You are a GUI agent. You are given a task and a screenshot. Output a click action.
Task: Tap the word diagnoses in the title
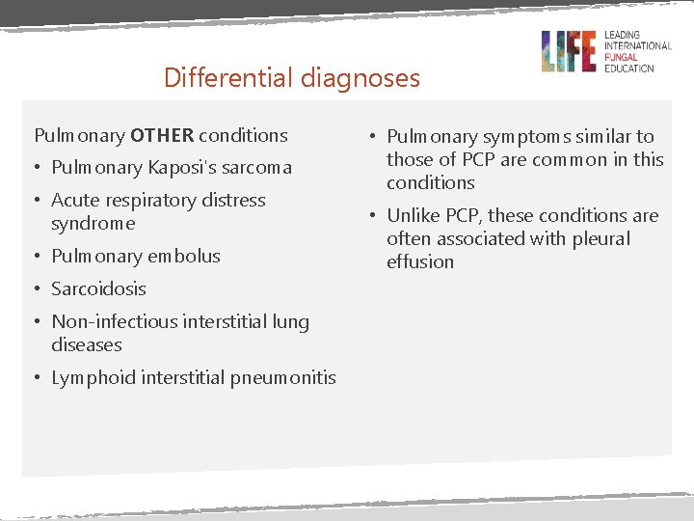pyautogui.click(x=362, y=78)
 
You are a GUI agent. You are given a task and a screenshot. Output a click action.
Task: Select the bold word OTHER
pyautogui.click(x=162, y=135)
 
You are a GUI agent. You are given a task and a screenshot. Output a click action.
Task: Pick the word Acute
pyautogui.click(x=74, y=200)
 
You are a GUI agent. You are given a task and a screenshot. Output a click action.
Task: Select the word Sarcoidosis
pyautogui.click(x=98, y=288)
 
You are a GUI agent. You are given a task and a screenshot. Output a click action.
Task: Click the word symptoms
pyautogui.click(x=520, y=137)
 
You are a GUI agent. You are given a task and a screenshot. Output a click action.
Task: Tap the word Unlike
pyautogui.click(x=414, y=215)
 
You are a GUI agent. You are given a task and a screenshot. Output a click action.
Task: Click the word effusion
pyautogui.click(x=419, y=261)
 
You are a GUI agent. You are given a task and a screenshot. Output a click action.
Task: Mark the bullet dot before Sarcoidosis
pyautogui.click(x=39, y=288)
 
